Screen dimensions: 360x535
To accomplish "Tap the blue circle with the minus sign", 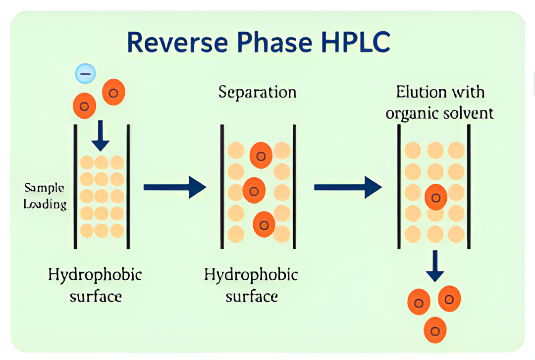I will tap(85, 74).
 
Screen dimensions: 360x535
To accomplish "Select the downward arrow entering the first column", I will tap(101, 136).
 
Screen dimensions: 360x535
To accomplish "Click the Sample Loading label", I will tap(45, 196).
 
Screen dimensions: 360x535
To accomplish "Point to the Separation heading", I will tap(257, 93).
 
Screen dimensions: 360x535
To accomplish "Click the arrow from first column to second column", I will tap(174, 187).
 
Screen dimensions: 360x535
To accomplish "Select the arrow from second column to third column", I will tap(347, 187).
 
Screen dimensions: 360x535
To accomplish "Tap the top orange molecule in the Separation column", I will tap(261, 155).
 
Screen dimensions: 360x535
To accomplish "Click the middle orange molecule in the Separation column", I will tap(254, 190).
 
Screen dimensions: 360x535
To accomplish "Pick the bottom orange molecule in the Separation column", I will tap(264, 225).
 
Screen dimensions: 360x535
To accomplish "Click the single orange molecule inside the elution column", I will tap(436, 198).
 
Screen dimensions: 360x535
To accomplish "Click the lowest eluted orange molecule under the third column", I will tap(435, 330).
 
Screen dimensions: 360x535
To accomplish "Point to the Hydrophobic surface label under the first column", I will tap(95, 285).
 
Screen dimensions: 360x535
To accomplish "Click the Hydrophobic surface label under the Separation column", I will tap(251, 285).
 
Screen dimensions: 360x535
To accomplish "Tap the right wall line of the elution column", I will tap(469, 187).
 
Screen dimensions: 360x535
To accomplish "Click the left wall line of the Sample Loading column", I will tap(75, 187).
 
